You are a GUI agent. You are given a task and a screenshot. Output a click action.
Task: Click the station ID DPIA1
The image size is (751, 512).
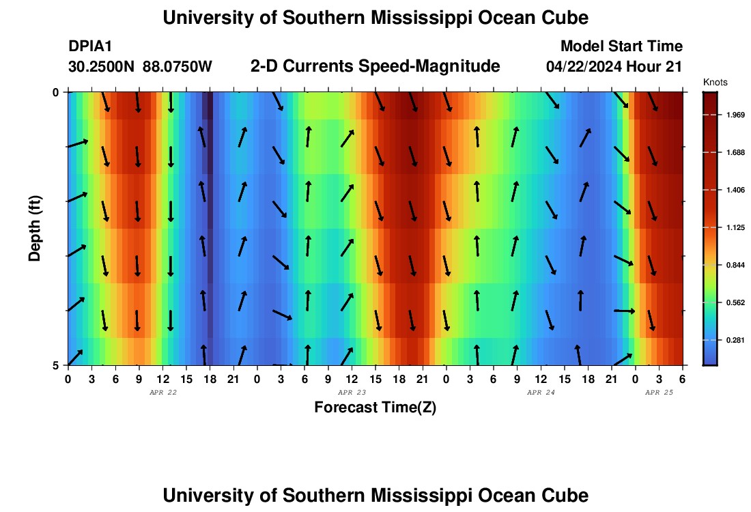[x=90, y=46]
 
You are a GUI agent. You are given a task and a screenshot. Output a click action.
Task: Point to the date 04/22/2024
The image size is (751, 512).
[x=584, y=66]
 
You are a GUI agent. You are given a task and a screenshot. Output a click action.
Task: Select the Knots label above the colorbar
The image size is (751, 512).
[x=715, y=82]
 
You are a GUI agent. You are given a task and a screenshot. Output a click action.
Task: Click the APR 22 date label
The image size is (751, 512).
[x=163, y=393]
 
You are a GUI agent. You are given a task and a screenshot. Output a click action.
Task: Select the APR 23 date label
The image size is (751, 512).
[x=352, y=393]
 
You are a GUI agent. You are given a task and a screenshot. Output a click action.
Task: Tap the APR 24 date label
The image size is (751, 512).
[x=541, y=393]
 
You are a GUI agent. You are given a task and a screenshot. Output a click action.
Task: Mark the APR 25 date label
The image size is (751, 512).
[x=659, y=393]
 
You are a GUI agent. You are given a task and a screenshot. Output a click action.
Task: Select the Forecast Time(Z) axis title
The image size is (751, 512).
[x=375, y=408]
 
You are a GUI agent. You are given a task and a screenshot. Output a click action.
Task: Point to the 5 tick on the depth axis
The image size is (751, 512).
[x=56, y=365]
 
